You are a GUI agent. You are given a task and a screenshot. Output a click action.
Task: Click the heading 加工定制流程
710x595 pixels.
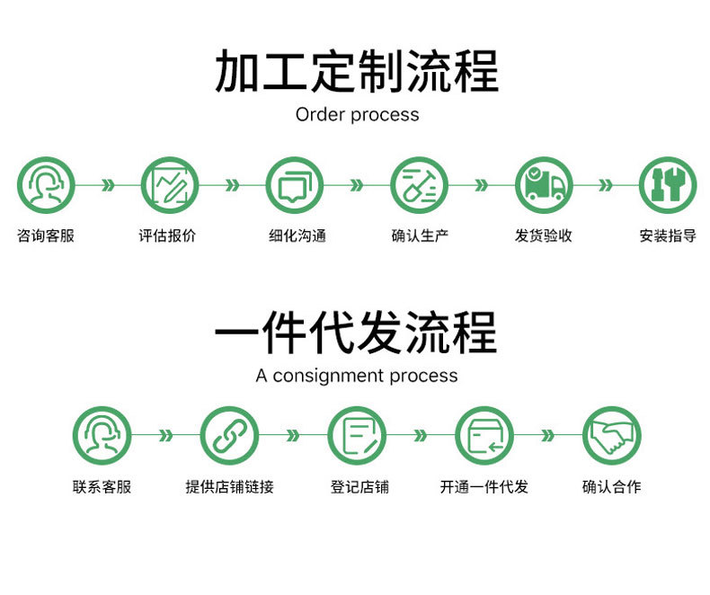356,72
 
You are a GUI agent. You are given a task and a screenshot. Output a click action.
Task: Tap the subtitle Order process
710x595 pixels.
357,115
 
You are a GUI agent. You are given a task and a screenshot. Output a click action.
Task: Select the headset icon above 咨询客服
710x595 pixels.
46,185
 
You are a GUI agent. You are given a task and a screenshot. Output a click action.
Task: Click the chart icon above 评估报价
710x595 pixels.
169,185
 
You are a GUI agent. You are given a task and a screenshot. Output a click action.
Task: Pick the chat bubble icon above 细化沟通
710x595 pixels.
294,185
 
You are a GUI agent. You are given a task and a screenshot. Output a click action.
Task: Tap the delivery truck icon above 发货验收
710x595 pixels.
544,185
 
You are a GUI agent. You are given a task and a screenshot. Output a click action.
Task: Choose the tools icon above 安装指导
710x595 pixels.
668,185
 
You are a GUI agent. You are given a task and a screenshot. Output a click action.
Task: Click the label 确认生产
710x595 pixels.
419,236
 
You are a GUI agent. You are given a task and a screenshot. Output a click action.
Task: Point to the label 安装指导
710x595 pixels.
668,236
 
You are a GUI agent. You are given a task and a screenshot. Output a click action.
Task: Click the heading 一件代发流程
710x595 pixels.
356,333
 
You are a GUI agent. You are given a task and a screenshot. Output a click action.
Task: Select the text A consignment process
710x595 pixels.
356,376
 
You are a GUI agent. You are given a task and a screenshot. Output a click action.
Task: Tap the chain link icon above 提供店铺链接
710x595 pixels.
228,436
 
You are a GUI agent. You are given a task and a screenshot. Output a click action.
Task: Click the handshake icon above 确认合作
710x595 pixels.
612,436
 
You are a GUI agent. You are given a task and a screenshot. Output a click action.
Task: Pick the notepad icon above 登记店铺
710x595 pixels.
357,436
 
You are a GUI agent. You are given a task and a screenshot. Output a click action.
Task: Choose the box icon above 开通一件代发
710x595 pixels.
484,436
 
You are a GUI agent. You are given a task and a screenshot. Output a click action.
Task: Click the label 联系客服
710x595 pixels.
102,487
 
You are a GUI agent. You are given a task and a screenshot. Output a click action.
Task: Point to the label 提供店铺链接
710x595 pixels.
229,487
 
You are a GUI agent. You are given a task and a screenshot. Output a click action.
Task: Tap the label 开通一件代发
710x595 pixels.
484,487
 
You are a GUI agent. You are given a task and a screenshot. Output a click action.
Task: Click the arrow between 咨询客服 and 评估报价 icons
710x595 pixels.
108,185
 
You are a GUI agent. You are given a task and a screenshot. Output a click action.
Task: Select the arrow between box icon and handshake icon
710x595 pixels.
547,436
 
